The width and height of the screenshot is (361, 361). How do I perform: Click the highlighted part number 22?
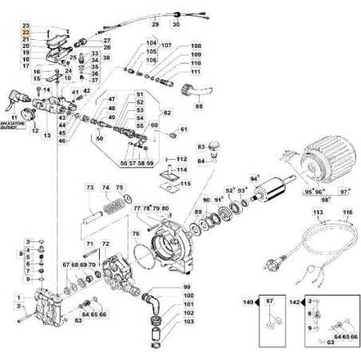click(25, 32)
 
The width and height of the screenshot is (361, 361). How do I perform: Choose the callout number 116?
click(347, 214)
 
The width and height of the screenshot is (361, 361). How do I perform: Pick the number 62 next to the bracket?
click(168, 113)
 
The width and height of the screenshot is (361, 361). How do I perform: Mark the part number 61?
click(183, 129)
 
